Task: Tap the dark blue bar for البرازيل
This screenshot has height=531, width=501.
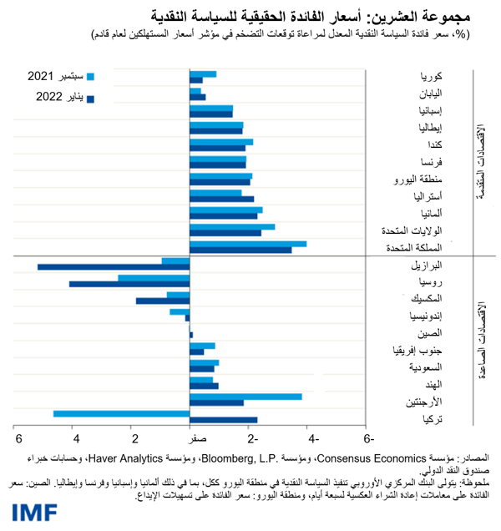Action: click(x=114, y=267)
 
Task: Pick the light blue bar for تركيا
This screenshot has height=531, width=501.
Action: click(x=122, y=413)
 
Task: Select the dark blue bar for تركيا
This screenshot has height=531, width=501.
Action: click(x=224, y=420)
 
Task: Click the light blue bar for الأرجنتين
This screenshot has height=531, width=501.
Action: click(x=246, y=397)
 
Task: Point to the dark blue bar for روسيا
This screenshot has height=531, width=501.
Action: click(x=129, y=284)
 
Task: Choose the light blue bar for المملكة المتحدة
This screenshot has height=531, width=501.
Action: click(x=249, y=244)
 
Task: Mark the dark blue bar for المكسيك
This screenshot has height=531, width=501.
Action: click(x=163, y=301)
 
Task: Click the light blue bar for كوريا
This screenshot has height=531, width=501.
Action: click(x=204, y=74)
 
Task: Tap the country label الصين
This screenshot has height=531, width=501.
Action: click(x=443, y=334)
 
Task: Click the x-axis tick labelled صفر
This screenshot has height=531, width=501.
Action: click(x=190, y=439)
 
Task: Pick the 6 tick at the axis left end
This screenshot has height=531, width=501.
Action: click(x=16, y=439)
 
